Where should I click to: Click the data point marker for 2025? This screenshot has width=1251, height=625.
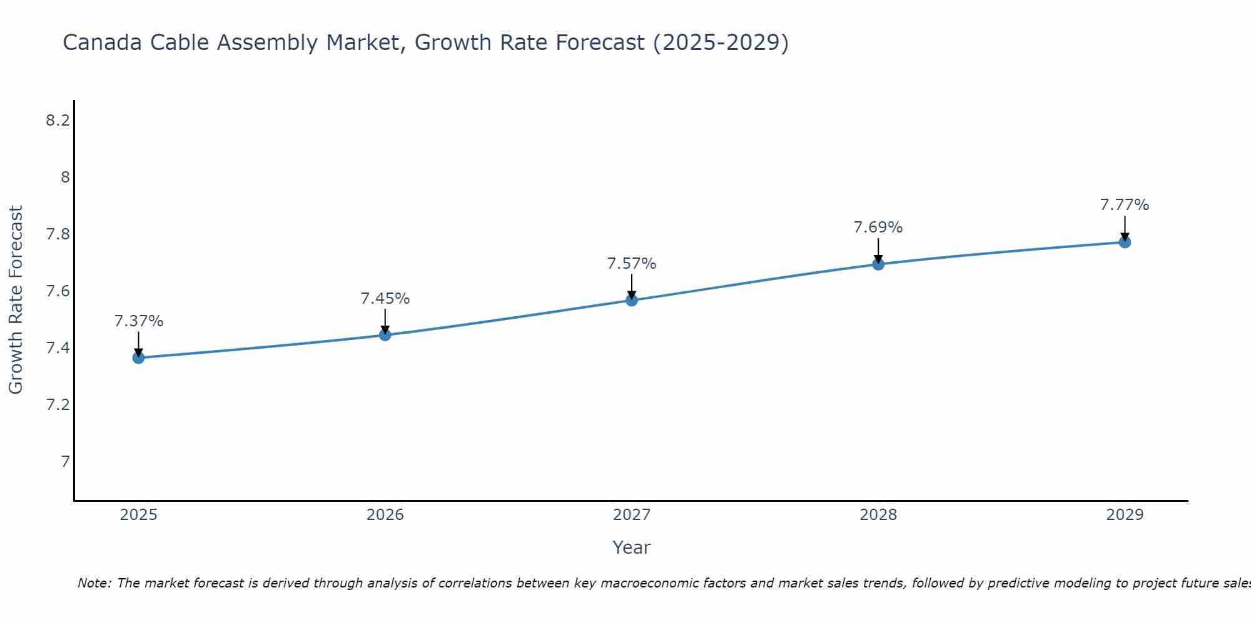pos(138,357)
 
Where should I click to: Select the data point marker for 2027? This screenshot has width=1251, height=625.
pos(632,300)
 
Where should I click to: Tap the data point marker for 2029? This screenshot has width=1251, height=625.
pos(1125,242)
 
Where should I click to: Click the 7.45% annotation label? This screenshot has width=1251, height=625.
pos(385,299)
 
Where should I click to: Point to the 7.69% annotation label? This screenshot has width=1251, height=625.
pos(878,227)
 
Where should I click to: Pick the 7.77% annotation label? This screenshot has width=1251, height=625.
pos(1125,205)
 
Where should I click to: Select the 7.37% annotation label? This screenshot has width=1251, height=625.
pos(139,321)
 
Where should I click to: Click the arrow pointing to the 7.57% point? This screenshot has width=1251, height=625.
pos(632,287)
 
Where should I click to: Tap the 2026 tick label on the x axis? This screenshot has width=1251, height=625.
pos(385,515)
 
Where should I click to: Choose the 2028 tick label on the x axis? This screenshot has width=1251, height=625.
pos(878,515)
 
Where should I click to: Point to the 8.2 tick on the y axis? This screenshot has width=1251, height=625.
pos(58,121)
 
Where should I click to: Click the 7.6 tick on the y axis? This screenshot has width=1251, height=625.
pos(58,291)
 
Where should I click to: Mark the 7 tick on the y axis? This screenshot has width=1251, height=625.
pos(65,462)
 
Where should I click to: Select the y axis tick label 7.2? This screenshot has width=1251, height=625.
pos(58,405)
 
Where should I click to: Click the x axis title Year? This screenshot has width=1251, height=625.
pos(632,547)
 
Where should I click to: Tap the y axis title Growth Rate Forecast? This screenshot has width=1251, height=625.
pos(16,300)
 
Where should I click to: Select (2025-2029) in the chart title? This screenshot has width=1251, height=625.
pos(721,43)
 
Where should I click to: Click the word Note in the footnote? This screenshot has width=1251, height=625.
pos(93,583)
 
